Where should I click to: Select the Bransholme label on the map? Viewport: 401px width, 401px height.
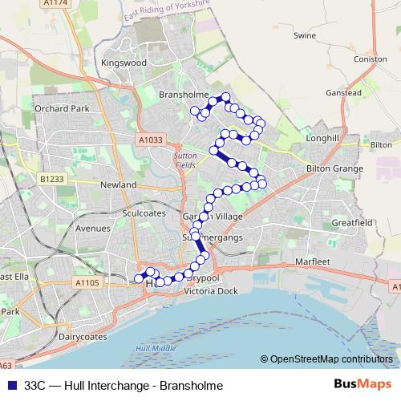pyautogui.click(x=184, y=95)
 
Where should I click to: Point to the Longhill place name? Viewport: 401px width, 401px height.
pyautogui.click(x=323, y=138)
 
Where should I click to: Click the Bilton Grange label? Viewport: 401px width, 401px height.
pyautogui.click(x=335, y=169)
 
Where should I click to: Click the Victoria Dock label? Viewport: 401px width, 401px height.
pyautogui.click(x=212, y=291)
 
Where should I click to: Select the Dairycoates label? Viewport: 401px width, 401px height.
pyautogui.click(x=83, y=338)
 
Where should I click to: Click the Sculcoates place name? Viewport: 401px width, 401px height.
pyautogui.click(x=144, y=214)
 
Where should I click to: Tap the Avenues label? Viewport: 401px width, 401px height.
pyautogui.click(x=91, y=228)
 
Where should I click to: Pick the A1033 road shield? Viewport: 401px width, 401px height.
pyautogui.click(x=150, y=139)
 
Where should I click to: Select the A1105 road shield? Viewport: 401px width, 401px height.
pyautogui.click(x=87, y=282)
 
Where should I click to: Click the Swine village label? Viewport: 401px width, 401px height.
pyautogui.click(x=306, y=36)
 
